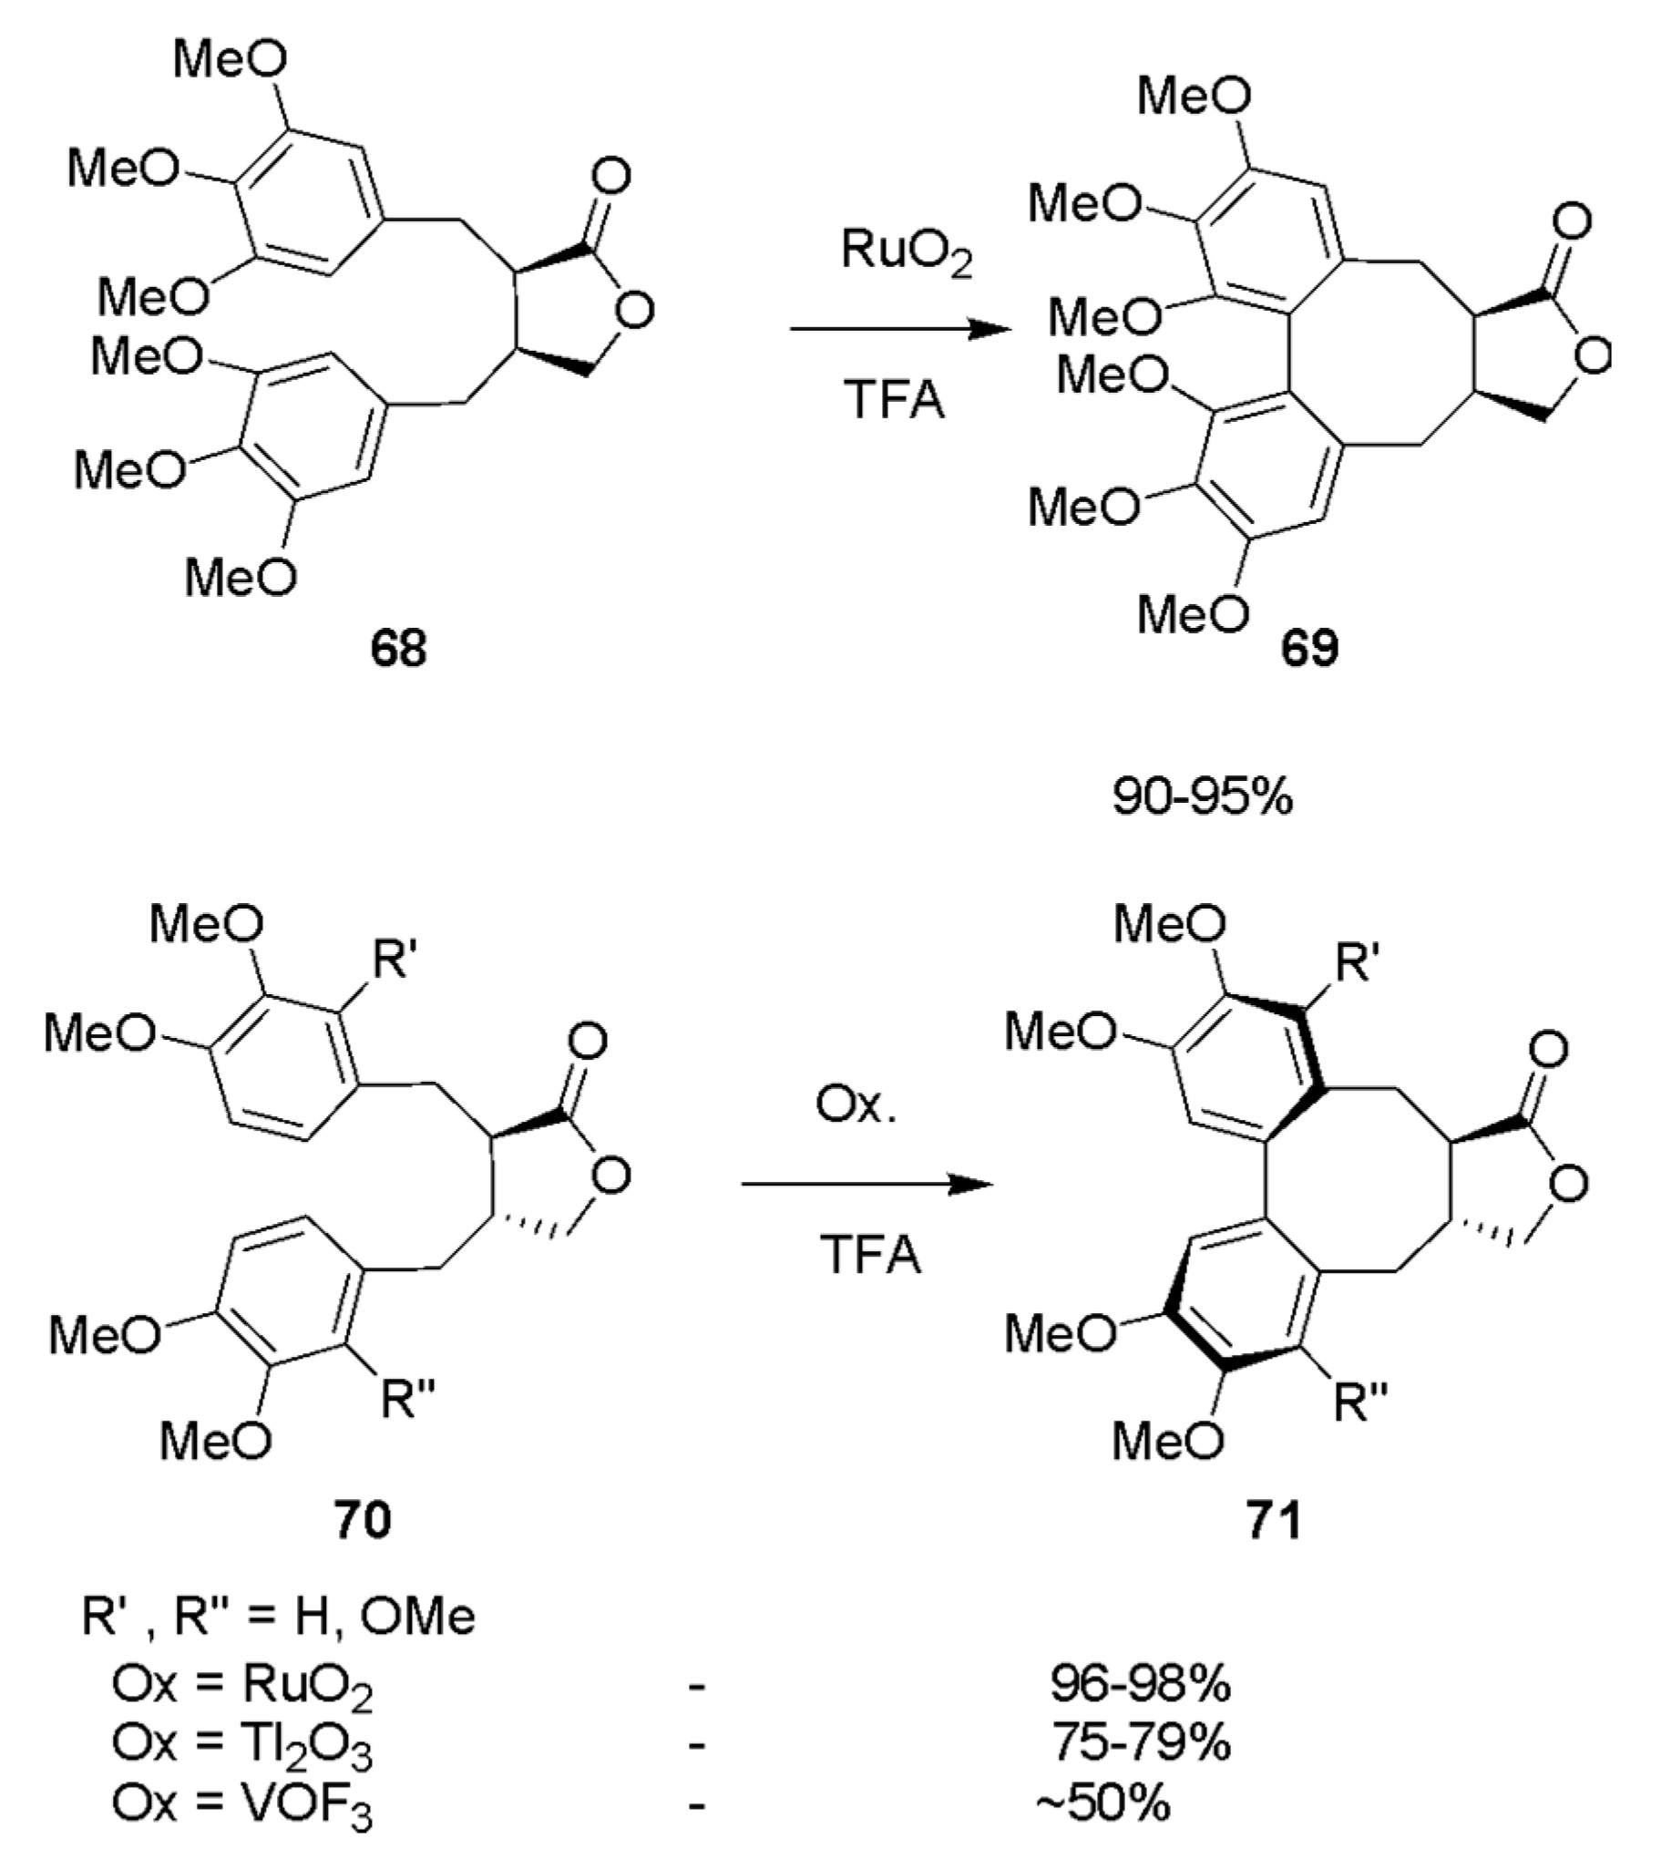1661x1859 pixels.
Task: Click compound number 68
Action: pyautogui.click(x=398, y=649)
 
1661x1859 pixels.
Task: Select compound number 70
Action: pyautogui.click(x=363, y=1520)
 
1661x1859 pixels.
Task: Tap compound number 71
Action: pyautogui.click(x=1274, y=1520)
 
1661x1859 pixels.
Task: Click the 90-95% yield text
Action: pyautogui.click(x=1202, y=796)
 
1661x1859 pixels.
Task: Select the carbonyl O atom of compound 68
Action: pyautogui.click(x=610, y=175)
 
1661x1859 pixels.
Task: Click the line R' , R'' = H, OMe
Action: pyautogui.click(x=279, y=1618)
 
